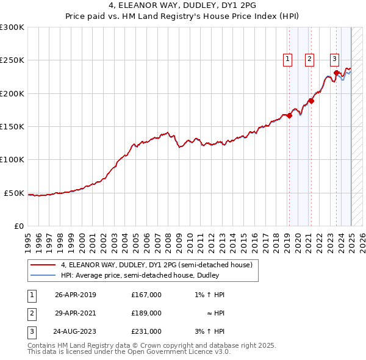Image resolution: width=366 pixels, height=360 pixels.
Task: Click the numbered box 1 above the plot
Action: pyautogui.click(x=287, y=59)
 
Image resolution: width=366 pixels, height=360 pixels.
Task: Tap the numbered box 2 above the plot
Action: pyautogui.click(x=310, y=59)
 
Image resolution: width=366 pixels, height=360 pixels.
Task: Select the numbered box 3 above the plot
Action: pyautogui.click(x=335, y=59)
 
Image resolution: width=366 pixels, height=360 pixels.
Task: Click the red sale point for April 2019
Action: pyautogui.click(x=289, y=116)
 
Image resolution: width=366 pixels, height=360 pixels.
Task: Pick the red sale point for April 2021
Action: pyautogui.click(x=311, y=101)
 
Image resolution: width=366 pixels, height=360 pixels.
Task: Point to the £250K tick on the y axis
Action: pyautogui.click(x=13, y=60)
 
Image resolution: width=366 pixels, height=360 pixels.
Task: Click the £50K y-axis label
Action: pyautogui.click(x=15, y=193)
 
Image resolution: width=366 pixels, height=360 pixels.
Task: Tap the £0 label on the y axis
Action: pyautogui.click(x=19, y=226)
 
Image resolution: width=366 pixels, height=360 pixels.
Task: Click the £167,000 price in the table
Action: pyautogui.click(x=146, y=295)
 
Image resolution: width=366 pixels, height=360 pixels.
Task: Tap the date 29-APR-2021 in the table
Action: pyautogui.click(x=75, y=313)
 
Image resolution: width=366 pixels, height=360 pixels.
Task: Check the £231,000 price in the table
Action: pyautogui.click(x=146, y=331)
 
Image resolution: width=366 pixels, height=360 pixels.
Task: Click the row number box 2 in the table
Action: pyautogui.click(x=31, y=313)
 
